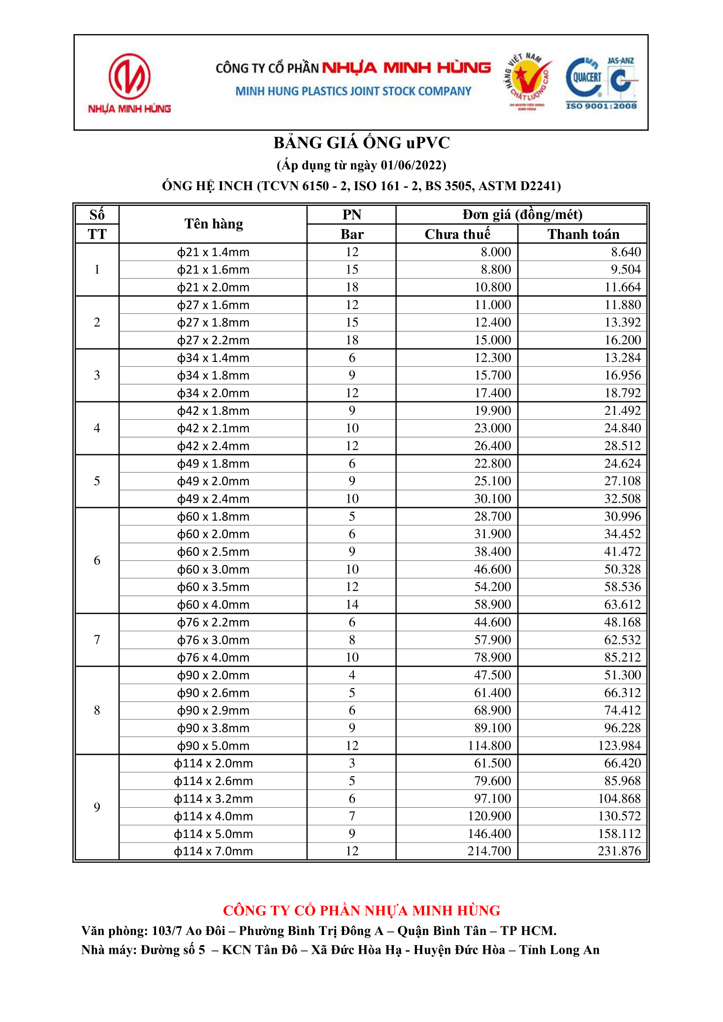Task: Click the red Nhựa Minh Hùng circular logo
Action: [129, 76]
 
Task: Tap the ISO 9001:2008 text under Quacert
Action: [601, 106]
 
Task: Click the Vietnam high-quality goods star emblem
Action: [528, 80]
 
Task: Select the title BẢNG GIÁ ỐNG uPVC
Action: [361, 143]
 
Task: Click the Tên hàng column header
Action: [214, 224]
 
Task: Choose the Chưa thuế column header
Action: [457, 234]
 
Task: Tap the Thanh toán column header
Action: [583, 234]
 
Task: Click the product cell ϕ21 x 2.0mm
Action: [213, 288]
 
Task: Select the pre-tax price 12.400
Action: [492, 322]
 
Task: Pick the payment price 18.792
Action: [622, 393]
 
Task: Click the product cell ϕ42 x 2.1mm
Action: [213, 428]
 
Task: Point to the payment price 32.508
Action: [622, 498]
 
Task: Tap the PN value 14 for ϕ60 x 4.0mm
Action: [352, 605]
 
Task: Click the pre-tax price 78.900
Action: [492, 657]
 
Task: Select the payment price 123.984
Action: [619, 746]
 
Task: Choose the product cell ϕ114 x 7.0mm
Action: [213, 852]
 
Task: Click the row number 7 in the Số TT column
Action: [97, 640]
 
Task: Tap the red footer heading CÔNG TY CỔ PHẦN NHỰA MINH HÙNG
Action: [361, 911]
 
